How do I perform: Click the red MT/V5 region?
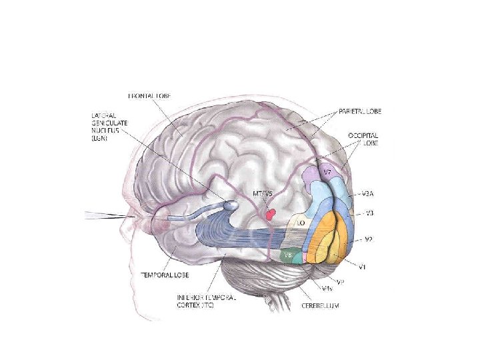point(270,214)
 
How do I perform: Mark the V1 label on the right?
point(363,267)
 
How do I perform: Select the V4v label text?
point(327,289)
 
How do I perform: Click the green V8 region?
point(289,255)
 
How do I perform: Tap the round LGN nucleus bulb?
point(230,207)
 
